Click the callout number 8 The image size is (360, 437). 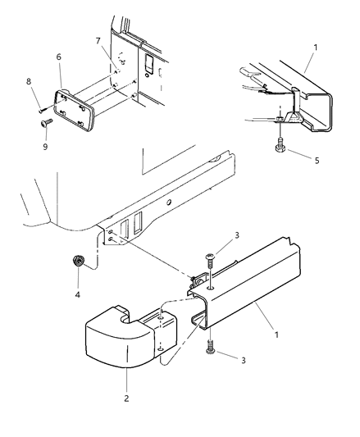[x=29, y=82]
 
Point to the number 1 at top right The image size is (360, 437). [x=312, y=37]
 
